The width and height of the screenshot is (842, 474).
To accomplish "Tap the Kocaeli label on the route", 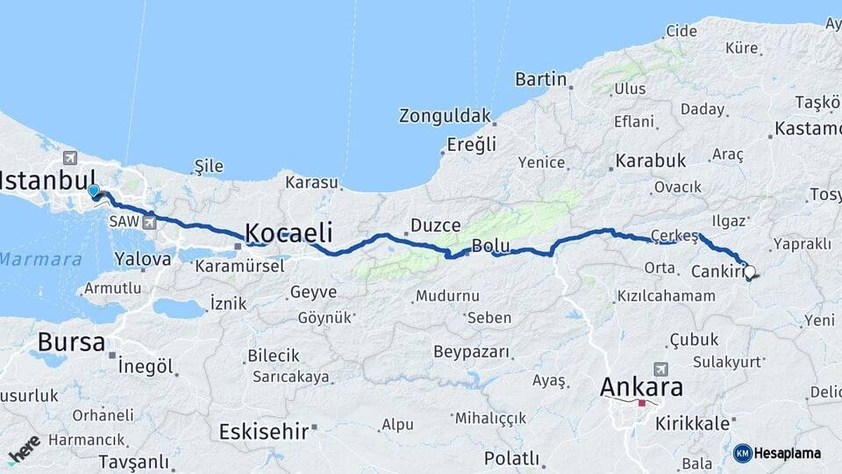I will pos(289,233).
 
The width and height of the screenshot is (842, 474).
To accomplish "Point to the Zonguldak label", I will pos(445,115).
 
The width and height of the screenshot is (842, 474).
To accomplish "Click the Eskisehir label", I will pos(263,431).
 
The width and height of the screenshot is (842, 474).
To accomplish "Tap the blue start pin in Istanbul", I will pos(94,190).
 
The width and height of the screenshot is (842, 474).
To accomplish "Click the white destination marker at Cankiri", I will pos(749,272).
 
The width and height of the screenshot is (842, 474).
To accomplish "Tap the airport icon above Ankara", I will pos(660,370).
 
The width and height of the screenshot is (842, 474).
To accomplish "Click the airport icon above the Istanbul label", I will pos(70,158).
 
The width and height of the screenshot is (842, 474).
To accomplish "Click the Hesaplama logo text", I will pos(787,453).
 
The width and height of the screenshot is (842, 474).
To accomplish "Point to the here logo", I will pos(23,448).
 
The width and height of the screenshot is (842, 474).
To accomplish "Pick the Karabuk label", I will pos(650,161).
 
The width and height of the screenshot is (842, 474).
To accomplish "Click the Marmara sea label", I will pos(40,260).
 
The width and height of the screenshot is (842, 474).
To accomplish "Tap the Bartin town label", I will pos(540,79).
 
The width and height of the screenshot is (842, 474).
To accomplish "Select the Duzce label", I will pos(436,226).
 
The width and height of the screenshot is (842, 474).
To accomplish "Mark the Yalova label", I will pos(143,259).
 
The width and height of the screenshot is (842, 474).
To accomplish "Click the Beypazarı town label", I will pos(471,352).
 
